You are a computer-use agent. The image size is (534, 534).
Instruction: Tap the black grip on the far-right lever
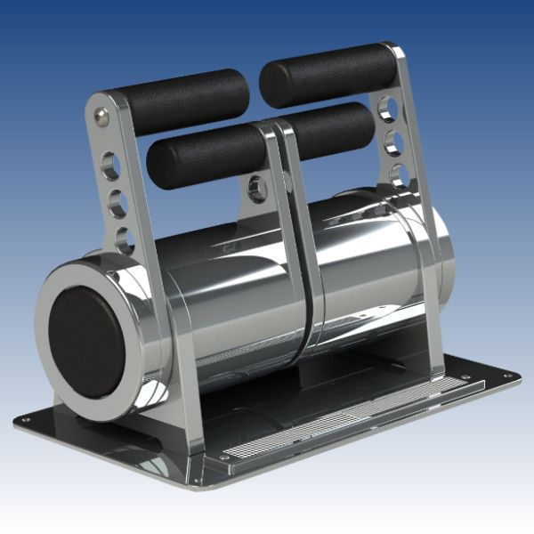pyautogui.click(x=329, y=74)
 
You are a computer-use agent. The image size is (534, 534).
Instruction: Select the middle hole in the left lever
pyautogui.click(x=117, y=202)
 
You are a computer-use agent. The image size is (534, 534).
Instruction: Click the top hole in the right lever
pyautogui.click(x=387, y=109)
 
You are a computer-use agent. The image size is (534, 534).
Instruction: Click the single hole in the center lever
pyautogui.click(x=257, y=187)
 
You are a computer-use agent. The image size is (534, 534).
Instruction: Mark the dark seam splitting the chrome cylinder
pyautogui.click(x=307, y=294)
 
